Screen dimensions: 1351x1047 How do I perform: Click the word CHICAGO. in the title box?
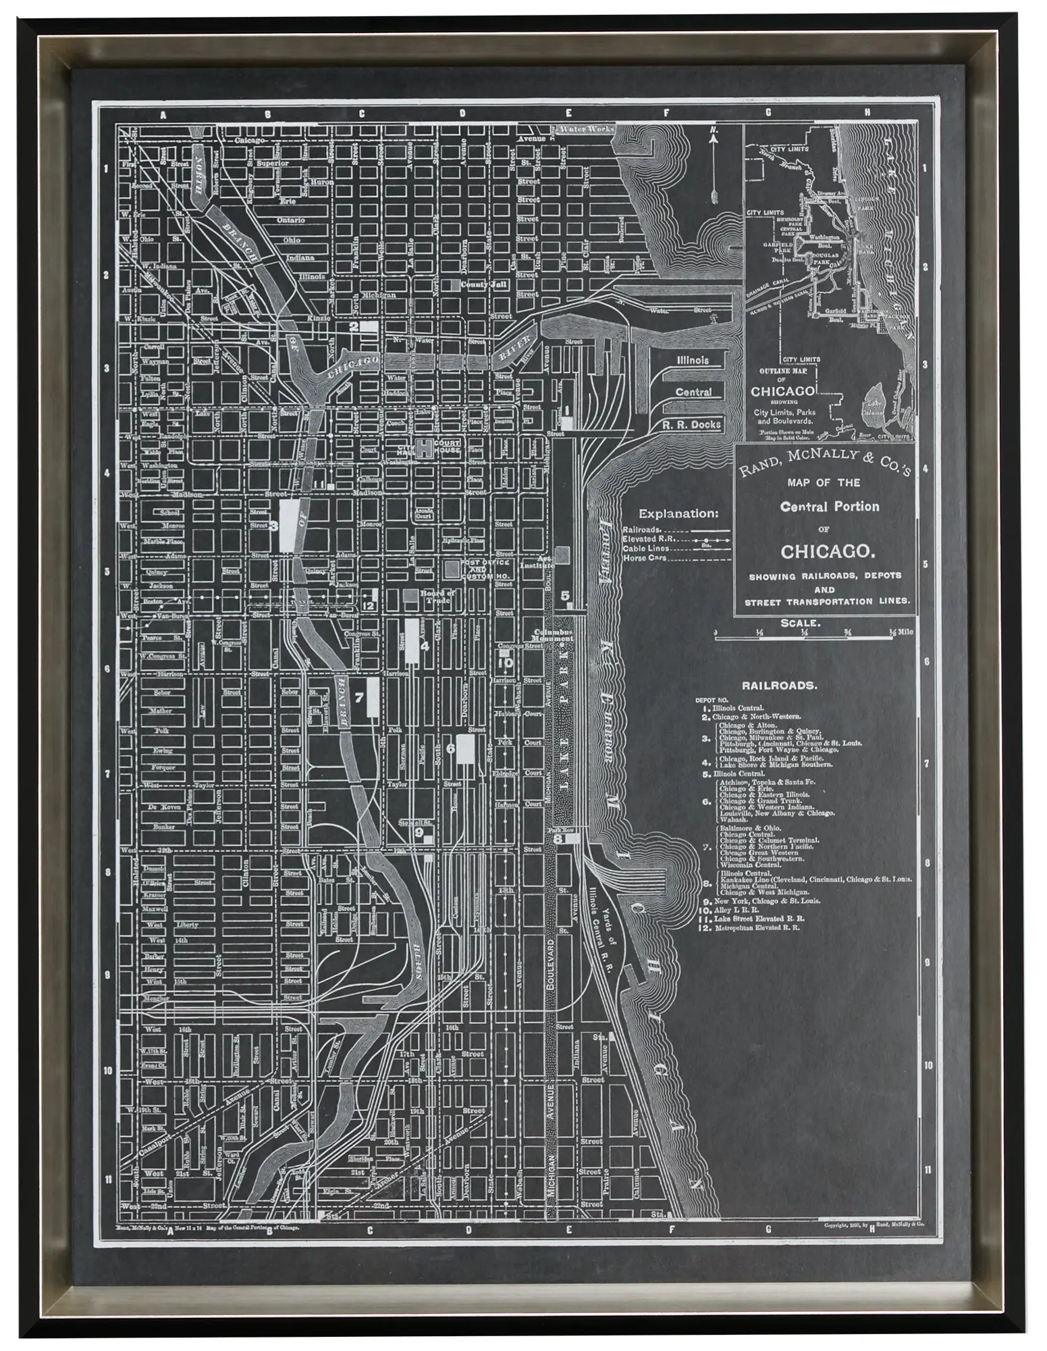828,551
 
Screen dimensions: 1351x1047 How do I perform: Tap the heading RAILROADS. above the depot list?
779,685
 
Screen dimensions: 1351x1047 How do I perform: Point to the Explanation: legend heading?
678,513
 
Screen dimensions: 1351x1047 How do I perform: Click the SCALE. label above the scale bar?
800,623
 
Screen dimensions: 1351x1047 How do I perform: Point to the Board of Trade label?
438,594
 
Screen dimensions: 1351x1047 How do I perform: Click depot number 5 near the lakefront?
566,595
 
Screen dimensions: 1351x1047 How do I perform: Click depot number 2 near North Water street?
354,326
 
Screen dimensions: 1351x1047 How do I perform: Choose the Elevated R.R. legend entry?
649,539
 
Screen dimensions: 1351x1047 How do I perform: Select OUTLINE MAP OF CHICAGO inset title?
783,384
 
